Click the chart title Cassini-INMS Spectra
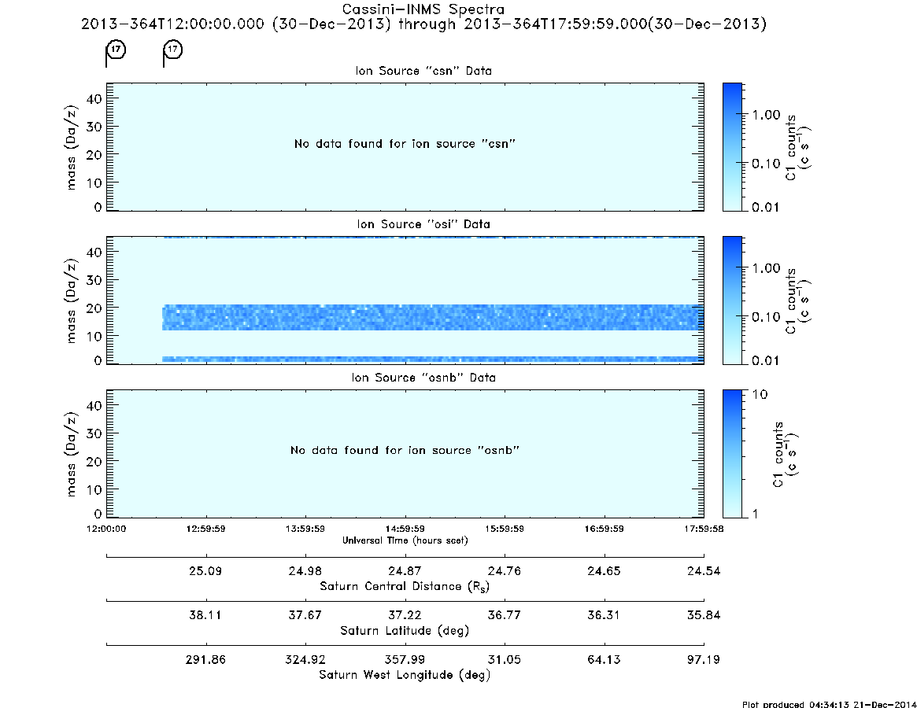(x=423, y=9)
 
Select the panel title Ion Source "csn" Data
(x=423, y=71)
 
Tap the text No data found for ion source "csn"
(x=405, y=144)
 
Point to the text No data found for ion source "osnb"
(x=405, y=450)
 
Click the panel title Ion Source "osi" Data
(x=423, y=224)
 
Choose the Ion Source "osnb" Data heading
(x=423, y=378)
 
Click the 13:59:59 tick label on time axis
(x=305, y=529)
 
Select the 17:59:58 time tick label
(x=704, y=529)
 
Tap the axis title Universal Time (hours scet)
(x=405, y=540)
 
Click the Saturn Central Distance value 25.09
(x=205, y=570)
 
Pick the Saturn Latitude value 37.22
(x=405, y=615)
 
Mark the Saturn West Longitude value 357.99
(x=405, y=659)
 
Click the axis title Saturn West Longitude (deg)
(x=405, y=675)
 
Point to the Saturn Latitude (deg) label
(x=405, y=631)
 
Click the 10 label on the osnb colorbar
(x=760, y=394)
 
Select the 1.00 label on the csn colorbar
(x=766, y=115)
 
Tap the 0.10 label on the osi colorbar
(x=766, y=317)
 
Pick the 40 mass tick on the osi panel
(x=94, y=252)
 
